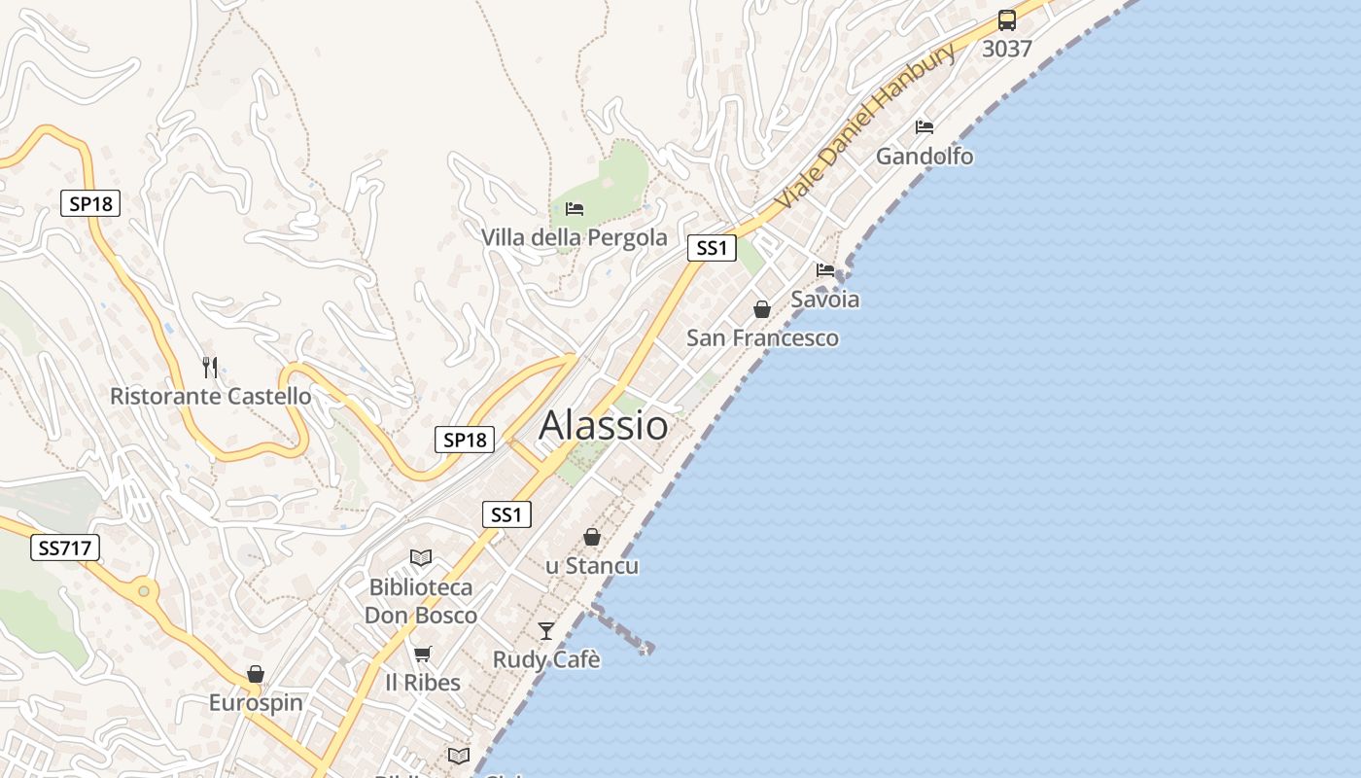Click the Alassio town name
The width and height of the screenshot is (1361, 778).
tap(604, 425)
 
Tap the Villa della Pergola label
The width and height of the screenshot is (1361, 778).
tap(575, 237)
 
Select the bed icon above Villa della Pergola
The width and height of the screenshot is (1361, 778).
tap(575, 209)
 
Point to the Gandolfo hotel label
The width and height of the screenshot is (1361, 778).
tap(925, 156)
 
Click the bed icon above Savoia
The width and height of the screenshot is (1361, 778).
tap(825, 269)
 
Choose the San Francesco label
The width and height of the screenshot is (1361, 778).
tap(762, 337)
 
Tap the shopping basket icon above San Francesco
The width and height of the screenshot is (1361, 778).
tap(762, 309)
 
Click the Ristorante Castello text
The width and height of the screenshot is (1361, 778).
tap(211, 396)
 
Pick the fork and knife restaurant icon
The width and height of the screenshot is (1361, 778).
tap(210, 367)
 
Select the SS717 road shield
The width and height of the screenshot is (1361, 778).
tap(66, 548)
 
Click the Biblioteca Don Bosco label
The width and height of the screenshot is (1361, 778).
tap(421, 601)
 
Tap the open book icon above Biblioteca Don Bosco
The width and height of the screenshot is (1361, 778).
tap(421, 558)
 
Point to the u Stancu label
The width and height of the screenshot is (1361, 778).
tap(592, 565)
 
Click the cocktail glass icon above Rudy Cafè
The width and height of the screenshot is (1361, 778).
tap(546, 630)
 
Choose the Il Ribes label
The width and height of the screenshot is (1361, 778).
tap(423, 682)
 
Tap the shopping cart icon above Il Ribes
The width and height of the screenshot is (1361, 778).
tap(422, 654)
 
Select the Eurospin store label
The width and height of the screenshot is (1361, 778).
tap(256, 702)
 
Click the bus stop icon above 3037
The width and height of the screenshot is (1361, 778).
tap(1007, 20)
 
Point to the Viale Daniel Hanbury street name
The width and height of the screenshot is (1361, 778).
tap(865, 126)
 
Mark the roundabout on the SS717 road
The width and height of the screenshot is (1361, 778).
tap(144, 589)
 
